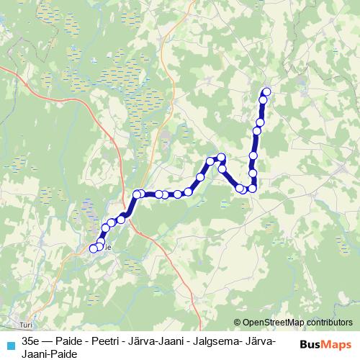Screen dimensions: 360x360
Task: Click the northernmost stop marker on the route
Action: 266,91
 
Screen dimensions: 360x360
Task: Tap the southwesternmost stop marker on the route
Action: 93,249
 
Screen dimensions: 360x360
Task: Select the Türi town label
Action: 28,325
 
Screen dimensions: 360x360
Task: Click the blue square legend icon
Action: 10,345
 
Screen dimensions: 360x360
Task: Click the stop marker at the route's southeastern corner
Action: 253,189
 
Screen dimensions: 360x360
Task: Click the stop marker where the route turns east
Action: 137,194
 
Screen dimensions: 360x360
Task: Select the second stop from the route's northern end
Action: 263,101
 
